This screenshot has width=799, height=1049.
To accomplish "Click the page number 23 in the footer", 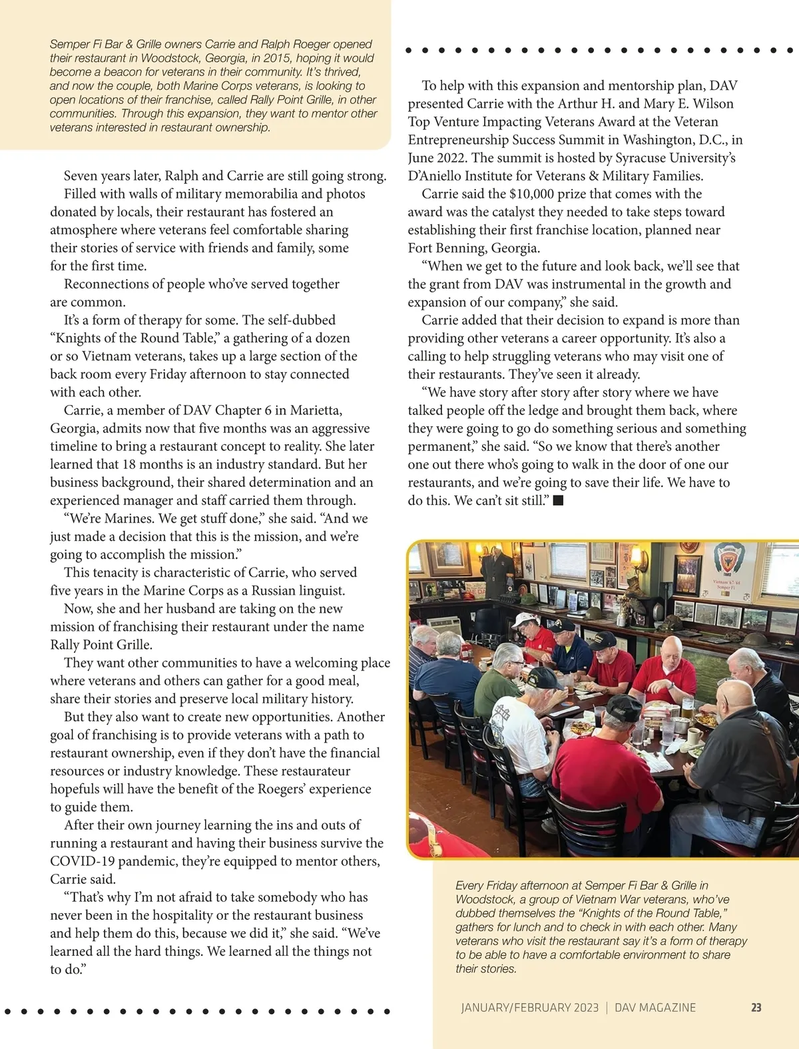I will pos(756,1008).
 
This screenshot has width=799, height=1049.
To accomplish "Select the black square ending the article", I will pos(559,500).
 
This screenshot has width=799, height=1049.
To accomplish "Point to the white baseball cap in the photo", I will pos(524,619).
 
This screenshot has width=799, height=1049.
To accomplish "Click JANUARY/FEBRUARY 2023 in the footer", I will pos(529,1008).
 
